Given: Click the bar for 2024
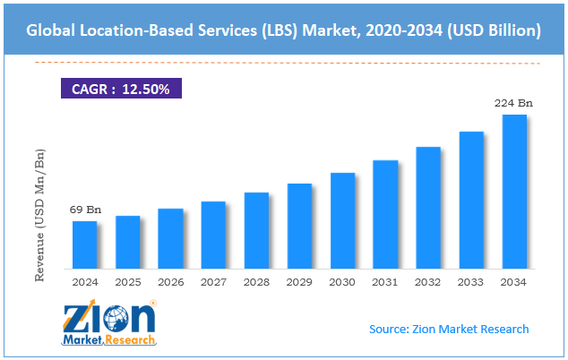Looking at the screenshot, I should point(84,245).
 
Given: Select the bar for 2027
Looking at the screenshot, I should point(213,236).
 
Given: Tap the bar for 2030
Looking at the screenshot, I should point(342,221).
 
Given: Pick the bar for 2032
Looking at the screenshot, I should point(428,208).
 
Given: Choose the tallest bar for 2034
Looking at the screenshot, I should point(514,192).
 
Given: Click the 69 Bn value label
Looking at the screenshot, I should point(86,210).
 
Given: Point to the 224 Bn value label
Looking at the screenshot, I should point(513,103).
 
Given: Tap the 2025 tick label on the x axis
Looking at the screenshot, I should point(127,282).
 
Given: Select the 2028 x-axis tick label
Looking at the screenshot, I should point(256,282).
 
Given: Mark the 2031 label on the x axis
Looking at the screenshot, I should point(385,282).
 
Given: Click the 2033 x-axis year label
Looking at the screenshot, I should point(471,282).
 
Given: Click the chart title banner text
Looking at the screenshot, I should point(283,30).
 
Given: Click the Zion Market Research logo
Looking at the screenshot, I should point(108,323).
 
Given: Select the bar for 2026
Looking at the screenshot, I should point(170,239).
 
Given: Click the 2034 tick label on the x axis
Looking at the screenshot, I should point(514,282).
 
